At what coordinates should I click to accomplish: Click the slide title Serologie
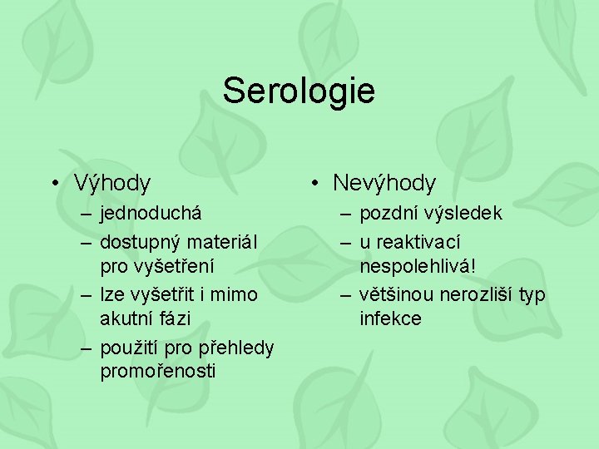coord(299,91)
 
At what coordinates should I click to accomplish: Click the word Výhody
coord(112,183)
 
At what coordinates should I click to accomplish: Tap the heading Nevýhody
coord(384,183)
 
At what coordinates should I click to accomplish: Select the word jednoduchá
coord(151,214)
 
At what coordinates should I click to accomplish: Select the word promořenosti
coord(158,371)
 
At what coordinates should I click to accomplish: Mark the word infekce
coord(390,318)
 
